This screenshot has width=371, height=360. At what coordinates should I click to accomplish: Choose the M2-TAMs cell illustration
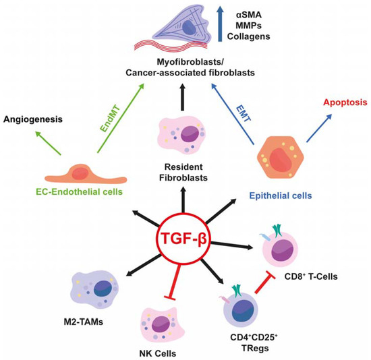88,289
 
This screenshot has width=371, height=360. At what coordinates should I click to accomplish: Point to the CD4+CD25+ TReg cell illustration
244,312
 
